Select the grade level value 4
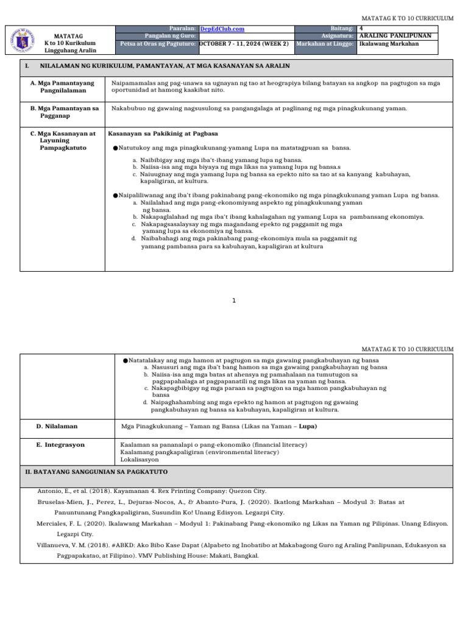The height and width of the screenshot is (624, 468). (x=362, y=29)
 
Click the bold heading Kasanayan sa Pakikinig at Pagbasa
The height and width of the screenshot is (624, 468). (x=163, y=133)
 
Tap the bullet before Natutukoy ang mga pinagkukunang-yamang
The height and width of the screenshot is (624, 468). (x=115, y=148)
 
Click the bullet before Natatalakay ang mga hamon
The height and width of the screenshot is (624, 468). (x=125, y=360)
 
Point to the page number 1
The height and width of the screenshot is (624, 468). (x=234, y=300)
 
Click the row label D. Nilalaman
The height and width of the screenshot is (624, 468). (x=57, y=427)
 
